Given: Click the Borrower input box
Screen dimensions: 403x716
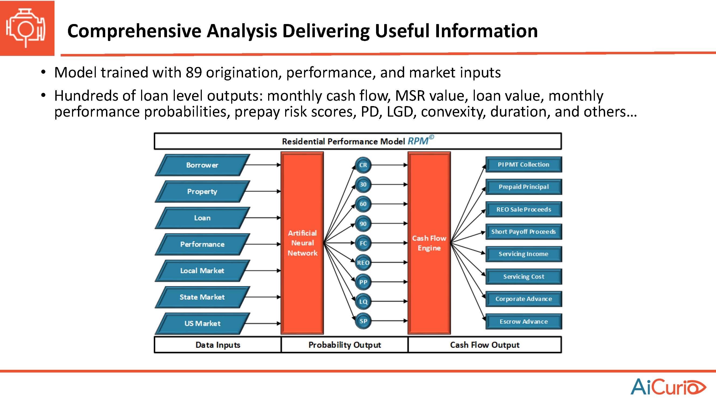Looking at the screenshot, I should (202, 165).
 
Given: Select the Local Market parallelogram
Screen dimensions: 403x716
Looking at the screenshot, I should (202, 271).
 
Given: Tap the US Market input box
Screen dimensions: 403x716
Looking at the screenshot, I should (202, 323).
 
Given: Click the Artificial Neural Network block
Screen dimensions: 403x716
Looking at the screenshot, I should (302, 243).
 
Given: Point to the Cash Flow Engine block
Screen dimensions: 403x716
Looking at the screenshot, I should (429, 243).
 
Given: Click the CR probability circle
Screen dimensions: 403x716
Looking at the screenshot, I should (363, 165).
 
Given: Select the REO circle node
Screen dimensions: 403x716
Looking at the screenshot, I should (363, 263).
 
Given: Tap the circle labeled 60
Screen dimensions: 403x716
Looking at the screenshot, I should (363, 204).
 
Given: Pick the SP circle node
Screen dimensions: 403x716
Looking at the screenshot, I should (363, 321).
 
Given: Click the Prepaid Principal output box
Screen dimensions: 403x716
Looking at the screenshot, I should (524, 187).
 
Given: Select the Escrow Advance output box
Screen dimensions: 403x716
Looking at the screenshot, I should (524, 321).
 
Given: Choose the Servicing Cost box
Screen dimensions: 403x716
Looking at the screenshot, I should (524, 276).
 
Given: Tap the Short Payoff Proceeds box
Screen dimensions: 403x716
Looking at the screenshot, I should (524, 232).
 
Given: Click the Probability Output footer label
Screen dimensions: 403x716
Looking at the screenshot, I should (345, 345).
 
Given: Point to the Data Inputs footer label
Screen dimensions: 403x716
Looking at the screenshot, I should (218, 345).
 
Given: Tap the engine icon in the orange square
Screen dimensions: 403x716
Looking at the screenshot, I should (26, 28).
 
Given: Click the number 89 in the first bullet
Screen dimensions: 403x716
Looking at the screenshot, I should (194, 73).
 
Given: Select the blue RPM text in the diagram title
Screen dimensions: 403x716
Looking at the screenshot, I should (418, 141).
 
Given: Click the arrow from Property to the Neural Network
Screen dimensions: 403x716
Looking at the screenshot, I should (263, 191).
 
